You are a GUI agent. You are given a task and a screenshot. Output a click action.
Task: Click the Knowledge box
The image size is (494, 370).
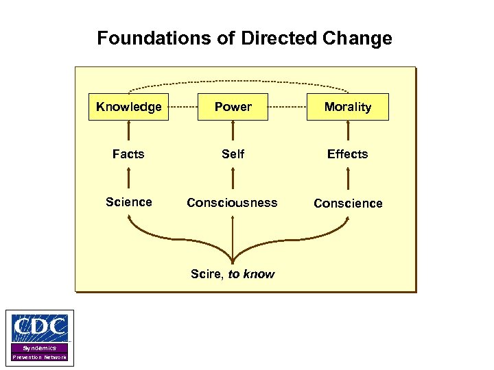tap(128, 107)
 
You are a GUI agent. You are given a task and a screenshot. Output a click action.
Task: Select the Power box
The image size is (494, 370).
tap(233, 107)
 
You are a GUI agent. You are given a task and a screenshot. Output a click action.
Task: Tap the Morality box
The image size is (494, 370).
tap(347, 107)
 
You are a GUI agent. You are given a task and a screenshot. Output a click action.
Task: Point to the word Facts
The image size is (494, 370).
tap(128, 154)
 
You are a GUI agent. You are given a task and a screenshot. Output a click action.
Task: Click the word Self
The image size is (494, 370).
tap(233, 154)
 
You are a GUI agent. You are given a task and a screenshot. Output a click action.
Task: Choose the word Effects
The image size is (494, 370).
tap(347, 154)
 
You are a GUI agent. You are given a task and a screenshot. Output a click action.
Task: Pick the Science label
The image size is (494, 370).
tap(128, 202)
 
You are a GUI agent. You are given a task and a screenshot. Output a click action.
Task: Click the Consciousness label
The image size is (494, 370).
tap(233, 203)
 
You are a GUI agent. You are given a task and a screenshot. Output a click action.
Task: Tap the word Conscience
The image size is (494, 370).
tap(348, 203)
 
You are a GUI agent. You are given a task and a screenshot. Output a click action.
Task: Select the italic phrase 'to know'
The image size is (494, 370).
tap(251, 274)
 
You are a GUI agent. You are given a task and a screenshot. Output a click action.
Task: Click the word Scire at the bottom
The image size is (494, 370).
tap(207, 274)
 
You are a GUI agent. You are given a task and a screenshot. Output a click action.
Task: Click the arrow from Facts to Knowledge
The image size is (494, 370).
tap(128, 132)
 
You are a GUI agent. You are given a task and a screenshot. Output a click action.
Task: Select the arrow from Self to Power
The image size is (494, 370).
tap(233, 132)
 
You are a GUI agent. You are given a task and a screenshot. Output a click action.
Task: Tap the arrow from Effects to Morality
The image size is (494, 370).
tap(348, 132)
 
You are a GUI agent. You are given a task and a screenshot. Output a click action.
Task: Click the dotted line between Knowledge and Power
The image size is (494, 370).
tap(183, 108)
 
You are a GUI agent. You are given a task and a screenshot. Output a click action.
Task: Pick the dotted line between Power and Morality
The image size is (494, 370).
tap(287, 108)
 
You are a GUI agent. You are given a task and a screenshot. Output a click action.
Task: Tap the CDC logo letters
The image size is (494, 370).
tap(40, 328)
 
